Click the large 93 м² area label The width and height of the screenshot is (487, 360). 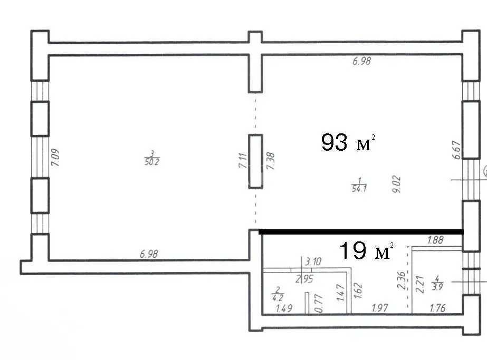click(348, 142)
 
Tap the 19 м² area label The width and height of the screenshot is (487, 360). click(367, 250)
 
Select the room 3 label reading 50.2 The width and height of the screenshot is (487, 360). click(152, 158)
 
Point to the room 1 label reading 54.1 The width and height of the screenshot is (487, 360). click(359, 185)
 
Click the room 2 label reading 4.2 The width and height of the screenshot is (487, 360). click(278, 294)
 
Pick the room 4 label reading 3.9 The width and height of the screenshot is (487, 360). click(437, 283)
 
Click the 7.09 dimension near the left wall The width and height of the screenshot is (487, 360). click(55, 158)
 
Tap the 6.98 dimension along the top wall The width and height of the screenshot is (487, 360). click(361, 61)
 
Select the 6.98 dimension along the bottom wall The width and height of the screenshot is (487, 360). click(149, 254)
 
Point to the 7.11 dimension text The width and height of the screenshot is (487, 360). click(243, 160)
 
